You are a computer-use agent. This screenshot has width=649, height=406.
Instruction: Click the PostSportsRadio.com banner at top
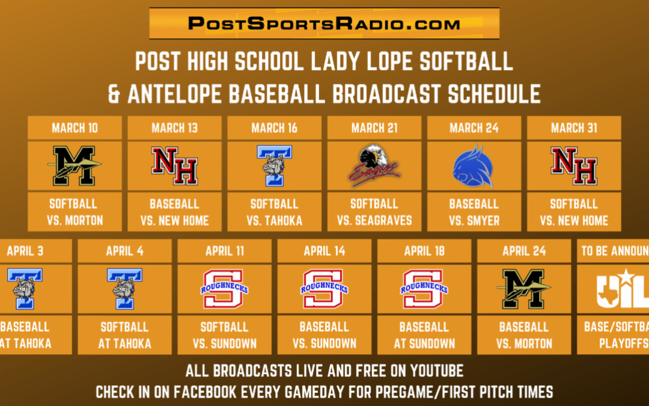click(x=324, y=23)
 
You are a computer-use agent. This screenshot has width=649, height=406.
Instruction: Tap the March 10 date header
click(x=75, y=128)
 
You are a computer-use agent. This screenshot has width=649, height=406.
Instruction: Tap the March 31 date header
click(x=574, y=128)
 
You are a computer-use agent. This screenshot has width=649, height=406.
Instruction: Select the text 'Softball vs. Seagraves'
click(x=374, y=212)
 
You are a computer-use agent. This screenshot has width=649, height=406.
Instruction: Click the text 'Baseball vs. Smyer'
click(x=474, y=212)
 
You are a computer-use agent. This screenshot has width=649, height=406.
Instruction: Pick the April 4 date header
click(x=124, y=251)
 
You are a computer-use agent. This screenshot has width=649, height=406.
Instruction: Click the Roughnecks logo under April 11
click(x=224, y=289)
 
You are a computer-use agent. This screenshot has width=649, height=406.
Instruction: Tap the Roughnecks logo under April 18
click(x=424, y=289)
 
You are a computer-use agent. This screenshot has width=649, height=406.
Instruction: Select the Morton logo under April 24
click(x=524, y=289)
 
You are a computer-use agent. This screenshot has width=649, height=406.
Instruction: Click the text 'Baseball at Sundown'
click(x=424, y=336)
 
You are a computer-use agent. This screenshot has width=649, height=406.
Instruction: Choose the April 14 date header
click(x=324, y=251)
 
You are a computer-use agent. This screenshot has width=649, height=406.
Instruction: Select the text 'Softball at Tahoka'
click(x=124, y=336)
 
